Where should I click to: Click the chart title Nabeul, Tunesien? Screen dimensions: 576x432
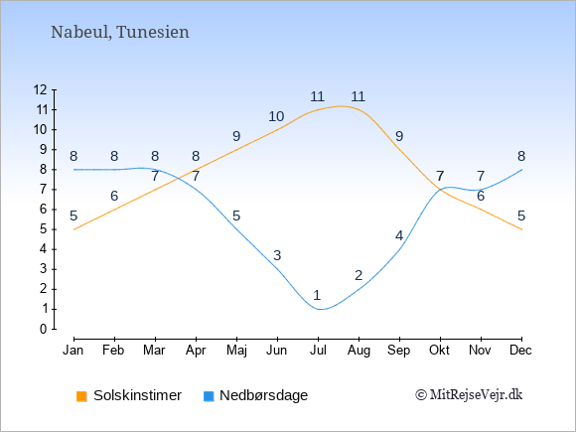(120, 33)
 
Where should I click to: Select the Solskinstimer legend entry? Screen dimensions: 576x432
(129, 395)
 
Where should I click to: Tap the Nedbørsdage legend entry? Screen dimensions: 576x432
(255, 395)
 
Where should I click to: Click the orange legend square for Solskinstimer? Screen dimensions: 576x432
(81, 396)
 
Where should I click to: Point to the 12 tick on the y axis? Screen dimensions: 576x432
(40, 89)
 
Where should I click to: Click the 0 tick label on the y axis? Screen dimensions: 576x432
(44, 329)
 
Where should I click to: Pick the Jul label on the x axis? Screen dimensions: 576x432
(318, 351)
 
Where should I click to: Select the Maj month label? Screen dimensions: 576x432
(236, 351)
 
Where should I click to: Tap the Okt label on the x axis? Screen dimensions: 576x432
(439, 351)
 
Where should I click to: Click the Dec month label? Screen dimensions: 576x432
(520, 351)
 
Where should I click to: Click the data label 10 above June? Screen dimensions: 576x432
(276, 116)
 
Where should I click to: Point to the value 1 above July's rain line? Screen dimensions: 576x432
(317, 295)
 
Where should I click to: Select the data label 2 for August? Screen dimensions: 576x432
(359, 275)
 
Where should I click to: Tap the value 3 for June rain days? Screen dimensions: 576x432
(277, 255)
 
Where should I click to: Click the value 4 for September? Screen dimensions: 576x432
(399, 235)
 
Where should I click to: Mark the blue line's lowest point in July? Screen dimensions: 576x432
(321, 309)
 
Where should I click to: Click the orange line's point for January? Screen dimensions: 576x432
(74, 229)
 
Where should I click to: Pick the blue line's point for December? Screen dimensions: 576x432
(521, 170)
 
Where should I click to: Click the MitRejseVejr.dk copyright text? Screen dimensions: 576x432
(469, 395)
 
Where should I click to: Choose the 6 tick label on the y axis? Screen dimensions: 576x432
(44, 210)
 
